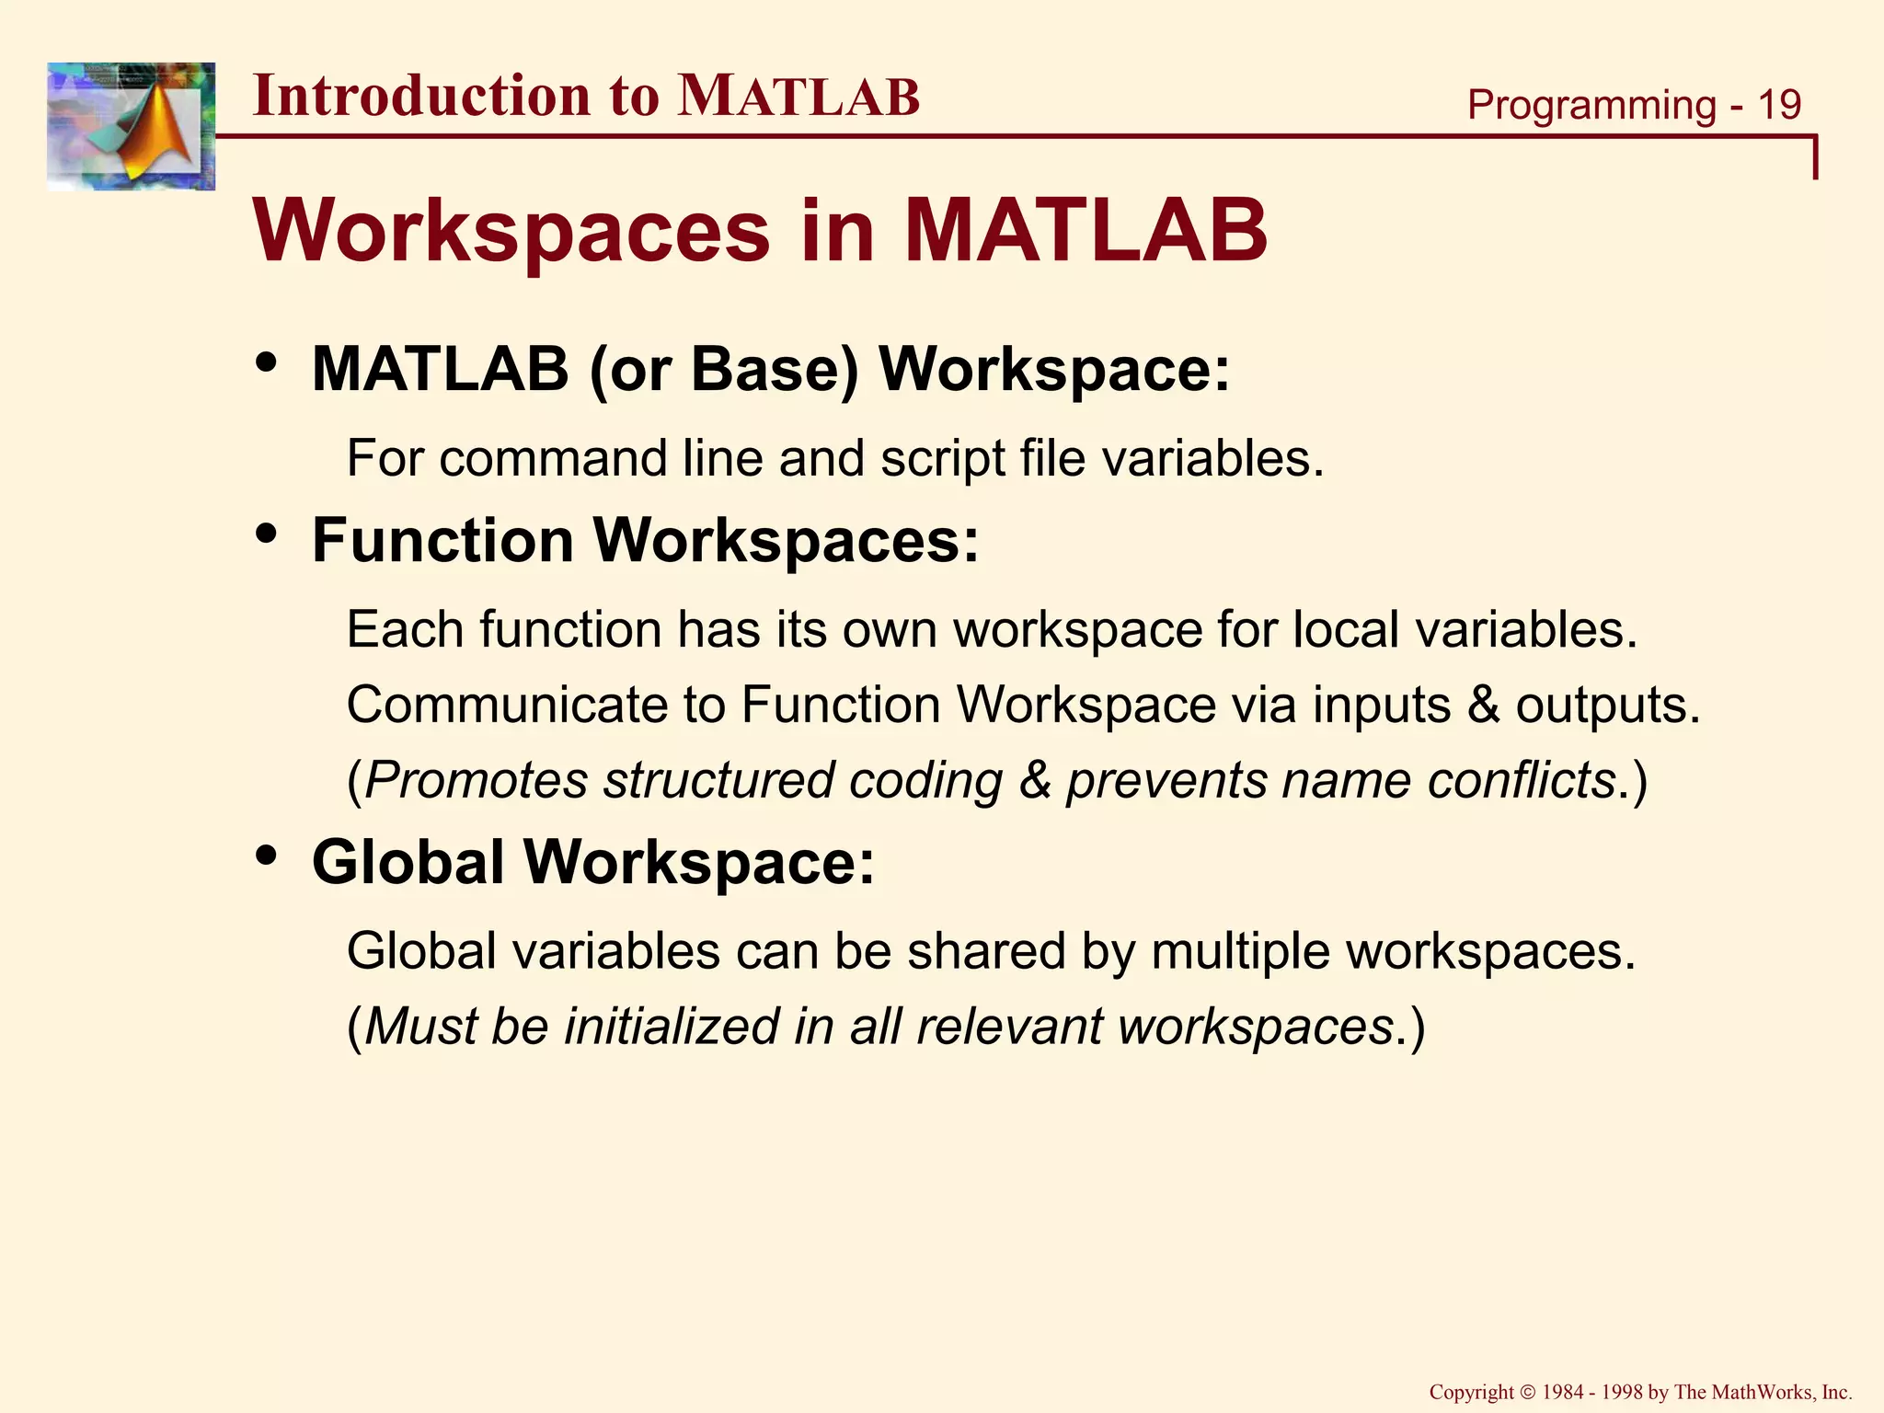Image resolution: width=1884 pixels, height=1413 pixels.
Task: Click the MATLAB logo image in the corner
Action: point(131,126)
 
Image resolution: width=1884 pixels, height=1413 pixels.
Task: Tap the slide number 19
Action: point(1778,105)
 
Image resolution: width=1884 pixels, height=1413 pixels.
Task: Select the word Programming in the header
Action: point(1591,105)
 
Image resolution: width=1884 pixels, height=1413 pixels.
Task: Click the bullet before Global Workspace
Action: point(267,856)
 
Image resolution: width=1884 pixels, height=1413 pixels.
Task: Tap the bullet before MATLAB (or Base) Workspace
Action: point(267,363)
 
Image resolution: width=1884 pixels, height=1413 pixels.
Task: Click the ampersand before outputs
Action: point(1483,706)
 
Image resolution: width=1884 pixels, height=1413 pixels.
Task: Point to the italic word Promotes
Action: point(476,781)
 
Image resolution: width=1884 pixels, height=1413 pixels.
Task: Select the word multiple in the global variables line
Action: point(1239,951)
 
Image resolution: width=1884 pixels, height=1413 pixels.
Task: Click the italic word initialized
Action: point(671,1027)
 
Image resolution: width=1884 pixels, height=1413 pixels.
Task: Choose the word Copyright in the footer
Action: point(1471,1393)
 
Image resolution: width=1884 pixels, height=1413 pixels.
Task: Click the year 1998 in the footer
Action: point(1622,1393)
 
